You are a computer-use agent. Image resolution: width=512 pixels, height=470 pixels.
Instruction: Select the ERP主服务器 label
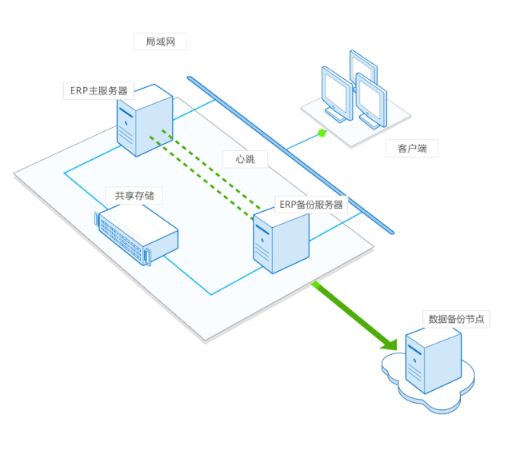click(98, 91)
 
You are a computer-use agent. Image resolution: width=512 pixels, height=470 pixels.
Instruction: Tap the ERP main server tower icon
click(144, 124)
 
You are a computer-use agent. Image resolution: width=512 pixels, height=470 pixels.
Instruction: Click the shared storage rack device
click(136, 235)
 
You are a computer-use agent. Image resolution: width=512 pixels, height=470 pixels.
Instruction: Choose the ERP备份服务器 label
click(310, 205)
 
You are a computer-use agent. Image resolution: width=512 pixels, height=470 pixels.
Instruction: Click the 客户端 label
click(412, 149)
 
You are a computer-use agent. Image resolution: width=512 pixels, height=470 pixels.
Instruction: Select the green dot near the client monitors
click(322, 133)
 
